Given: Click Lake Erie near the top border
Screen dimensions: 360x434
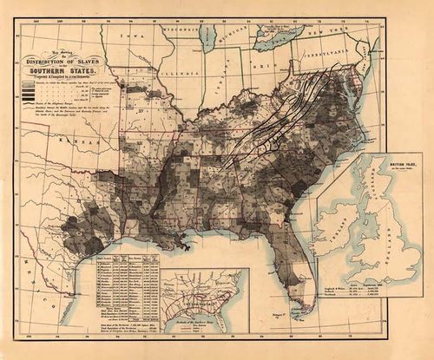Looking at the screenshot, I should (282, 37).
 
